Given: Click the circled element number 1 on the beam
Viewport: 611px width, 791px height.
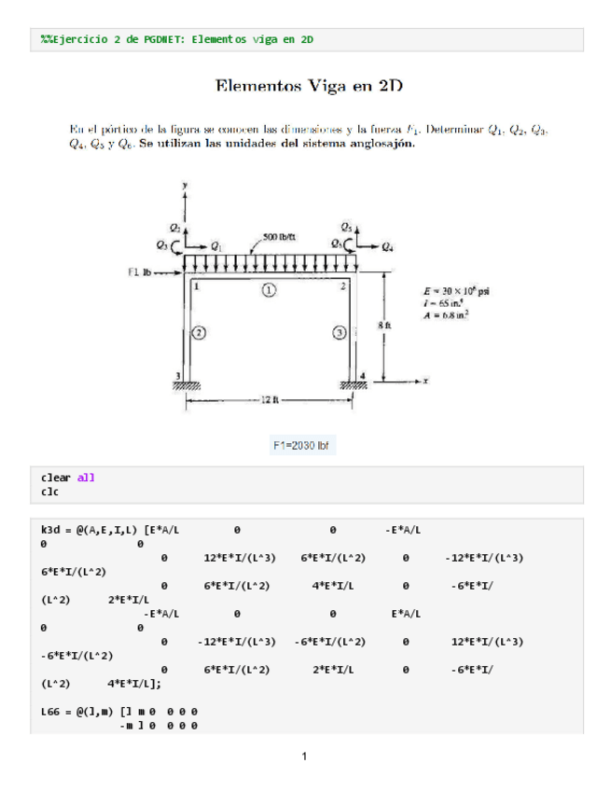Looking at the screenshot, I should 269,291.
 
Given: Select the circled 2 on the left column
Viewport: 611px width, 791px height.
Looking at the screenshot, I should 199,332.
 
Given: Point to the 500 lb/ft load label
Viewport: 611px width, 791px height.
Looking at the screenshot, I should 280,236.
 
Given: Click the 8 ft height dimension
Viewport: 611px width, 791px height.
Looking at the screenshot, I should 385,325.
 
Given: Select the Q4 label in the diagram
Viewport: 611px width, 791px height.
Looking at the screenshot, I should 387,247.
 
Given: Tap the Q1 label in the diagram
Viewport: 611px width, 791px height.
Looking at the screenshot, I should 216,247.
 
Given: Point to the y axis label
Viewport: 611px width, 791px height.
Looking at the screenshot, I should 185,186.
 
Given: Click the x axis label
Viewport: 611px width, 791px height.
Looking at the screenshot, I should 424,381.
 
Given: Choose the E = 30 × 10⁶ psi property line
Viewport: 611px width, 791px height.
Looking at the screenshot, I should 457,290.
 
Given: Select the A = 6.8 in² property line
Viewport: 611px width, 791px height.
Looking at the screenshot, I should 447,314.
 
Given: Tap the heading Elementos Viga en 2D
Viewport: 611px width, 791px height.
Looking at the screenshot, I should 309,88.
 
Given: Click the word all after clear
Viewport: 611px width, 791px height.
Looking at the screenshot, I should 86,478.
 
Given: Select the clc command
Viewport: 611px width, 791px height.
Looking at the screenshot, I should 50,491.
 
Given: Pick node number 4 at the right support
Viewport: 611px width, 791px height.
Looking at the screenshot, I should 364,375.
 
